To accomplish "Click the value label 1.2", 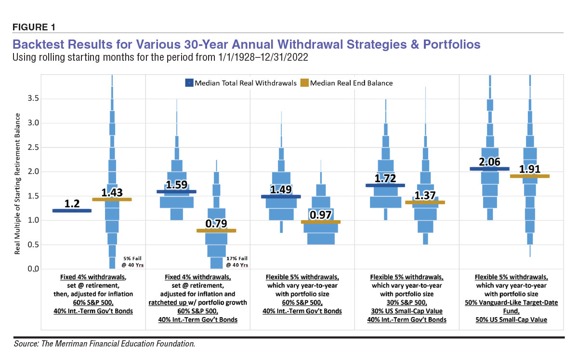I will pyautogui.click(x=72, y=203).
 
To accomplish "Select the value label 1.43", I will pyautogui.click(x=112, y=191).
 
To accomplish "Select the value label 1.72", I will pyautogui.click(x=385, y=178).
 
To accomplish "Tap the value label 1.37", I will pyautogui.click(x=425, y=195).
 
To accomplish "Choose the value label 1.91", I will pyautogui.click(x=529, y=169).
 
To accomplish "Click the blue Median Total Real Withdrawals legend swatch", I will pyautogui.click(x=190, y=83).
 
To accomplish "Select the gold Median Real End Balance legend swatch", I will pyautogui.click(x=304, y=83).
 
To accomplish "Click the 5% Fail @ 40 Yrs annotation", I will pyautogui.click(x=129, y=261).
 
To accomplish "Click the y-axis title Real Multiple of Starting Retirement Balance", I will pyautogui.click(x=17, y=183).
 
